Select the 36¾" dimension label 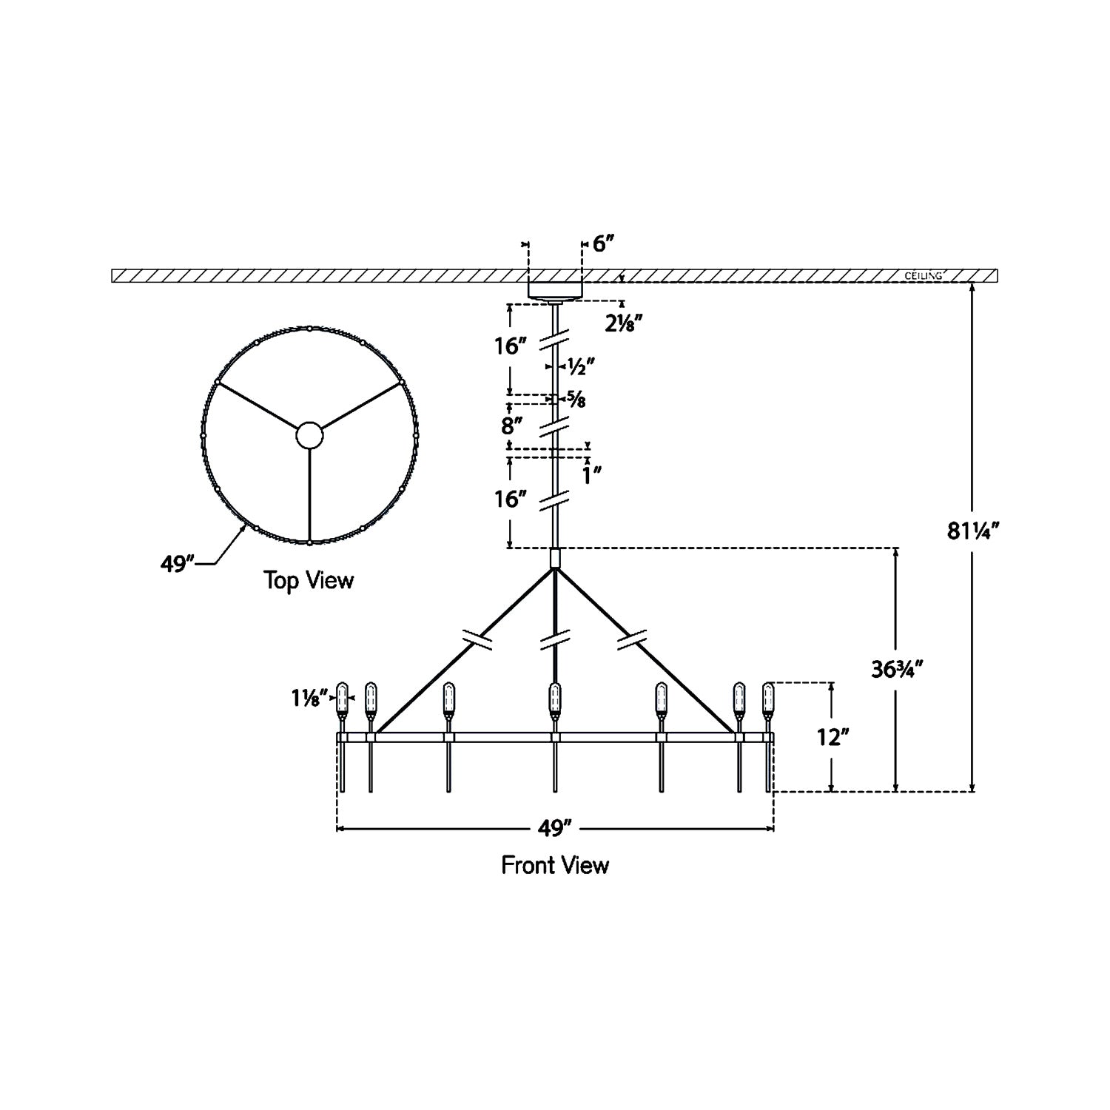coord(897,669)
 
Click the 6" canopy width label coord(604,244)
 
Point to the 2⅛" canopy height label coord(622,323)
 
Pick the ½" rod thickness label coord(581,366)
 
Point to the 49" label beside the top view coord(178,564)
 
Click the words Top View coord(309,580)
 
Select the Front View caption coord(555,864)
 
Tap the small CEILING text coord(924,276)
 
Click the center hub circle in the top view coord(309,436)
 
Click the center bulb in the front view coord(555,697)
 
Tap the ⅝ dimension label coord(577,400)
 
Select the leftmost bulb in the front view coord(342,697)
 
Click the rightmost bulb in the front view coord(768,697)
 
